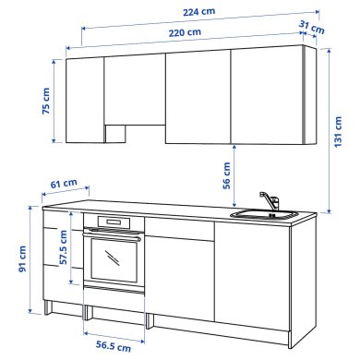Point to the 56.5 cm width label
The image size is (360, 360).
coord(113,347)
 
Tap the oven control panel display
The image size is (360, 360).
coord(112,222)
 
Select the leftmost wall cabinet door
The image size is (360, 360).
coord(86,100)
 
